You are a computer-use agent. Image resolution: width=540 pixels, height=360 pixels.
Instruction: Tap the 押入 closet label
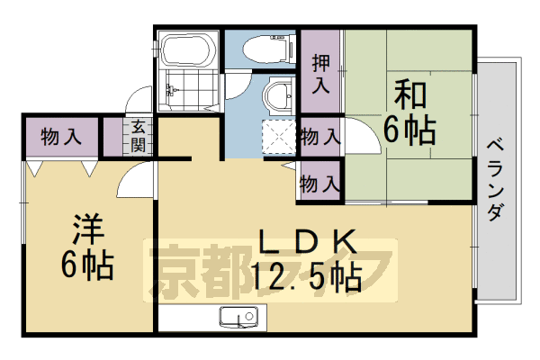[320, 75]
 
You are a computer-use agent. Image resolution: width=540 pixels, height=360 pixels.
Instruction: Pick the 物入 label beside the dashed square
[320, 138]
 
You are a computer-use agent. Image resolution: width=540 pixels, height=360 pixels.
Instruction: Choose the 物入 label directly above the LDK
[320, 184]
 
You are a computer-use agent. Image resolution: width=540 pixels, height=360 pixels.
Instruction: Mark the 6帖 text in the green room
[409, 131]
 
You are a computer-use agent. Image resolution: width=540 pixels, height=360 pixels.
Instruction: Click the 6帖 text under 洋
[87, 265]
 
